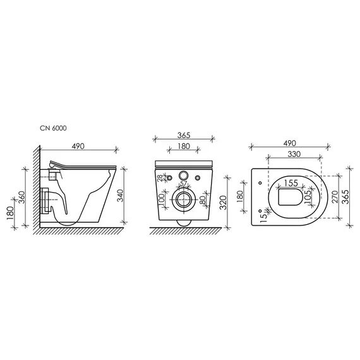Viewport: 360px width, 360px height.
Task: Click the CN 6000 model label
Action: (x=53, y=128)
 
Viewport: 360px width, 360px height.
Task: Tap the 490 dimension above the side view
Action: (x=78, y=147)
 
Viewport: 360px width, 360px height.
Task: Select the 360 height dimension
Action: (x=22, y=198)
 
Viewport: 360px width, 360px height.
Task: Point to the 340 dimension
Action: (x=120, y=196)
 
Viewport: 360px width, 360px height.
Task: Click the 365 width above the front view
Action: (x=184, y=135)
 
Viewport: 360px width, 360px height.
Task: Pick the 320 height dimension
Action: (x=223, y=203)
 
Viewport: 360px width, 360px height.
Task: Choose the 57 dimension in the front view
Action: (x=183, y=183)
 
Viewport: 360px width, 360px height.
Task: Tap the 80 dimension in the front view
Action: (x=203, y=200)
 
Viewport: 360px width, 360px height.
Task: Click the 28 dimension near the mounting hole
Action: (x=160, y=178)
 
